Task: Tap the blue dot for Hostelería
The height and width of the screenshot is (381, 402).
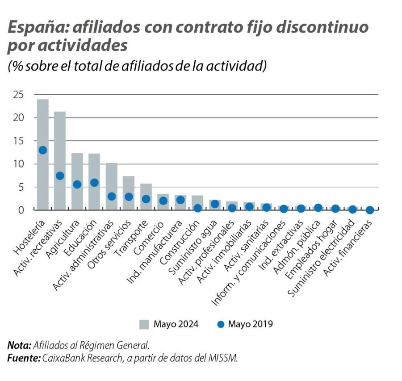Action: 43,150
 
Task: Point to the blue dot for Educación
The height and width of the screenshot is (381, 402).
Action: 94,182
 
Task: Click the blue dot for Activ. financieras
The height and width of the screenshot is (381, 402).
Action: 369,209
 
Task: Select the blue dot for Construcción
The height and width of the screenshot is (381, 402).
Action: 197,208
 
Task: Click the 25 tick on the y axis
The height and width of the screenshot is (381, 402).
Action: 18,95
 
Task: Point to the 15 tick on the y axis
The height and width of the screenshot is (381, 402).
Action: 18,141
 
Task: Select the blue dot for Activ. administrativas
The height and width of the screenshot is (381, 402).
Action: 112,196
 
